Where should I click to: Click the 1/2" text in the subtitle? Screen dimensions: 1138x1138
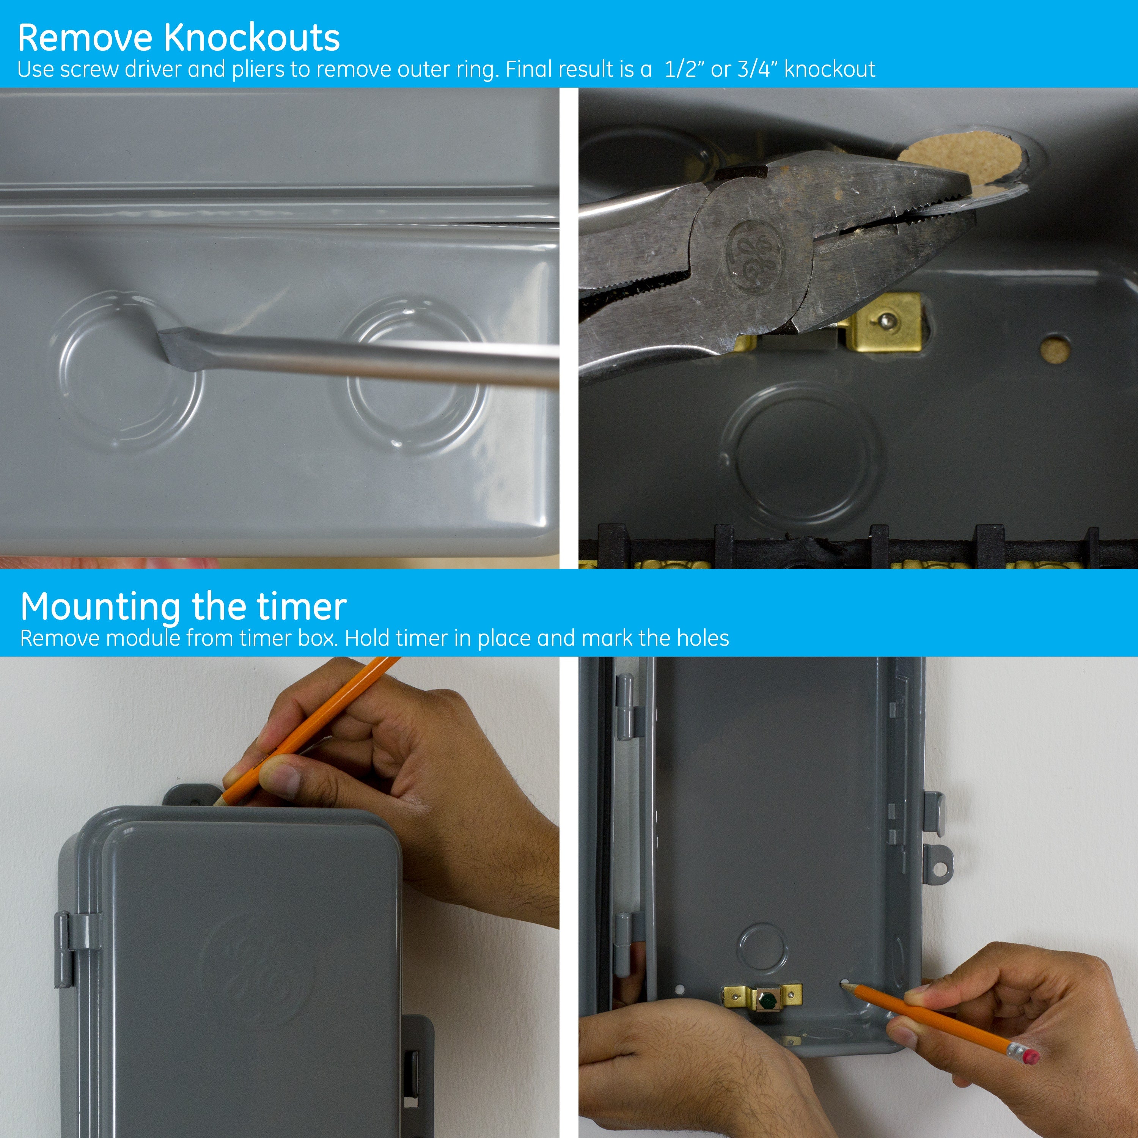[x=683, y=69]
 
